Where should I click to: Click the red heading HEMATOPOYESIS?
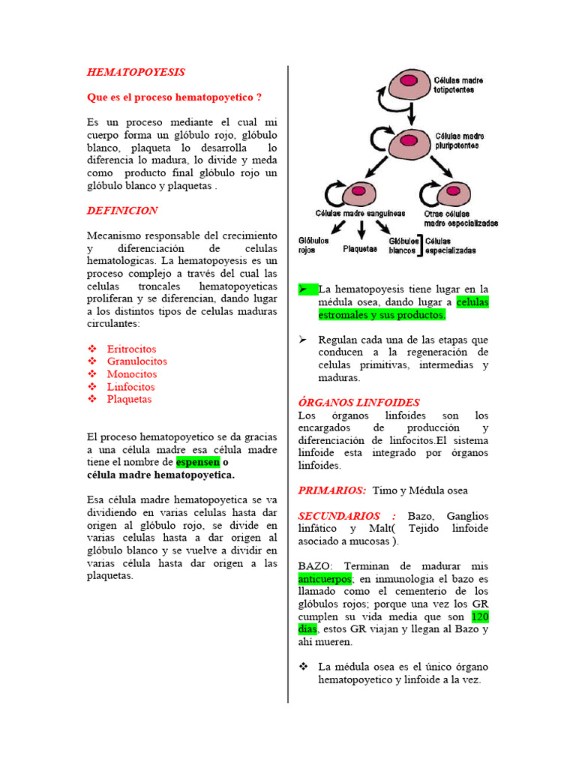[x=136, y=72]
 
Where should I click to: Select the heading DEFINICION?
[x=122, y=211]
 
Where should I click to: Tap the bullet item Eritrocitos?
[x=131, y=349]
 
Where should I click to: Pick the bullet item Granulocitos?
[x=136, y=361]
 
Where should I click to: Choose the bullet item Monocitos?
[x=132, y=374]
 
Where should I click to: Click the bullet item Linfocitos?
[x=130, y=387]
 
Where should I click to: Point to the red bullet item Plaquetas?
[x=129, y=399]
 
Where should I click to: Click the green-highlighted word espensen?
[x=198, y=463]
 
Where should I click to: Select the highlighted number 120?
[x=480, y=616]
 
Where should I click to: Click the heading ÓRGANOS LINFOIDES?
[x=358, y=403]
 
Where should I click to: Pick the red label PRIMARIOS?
[x=331, y=490]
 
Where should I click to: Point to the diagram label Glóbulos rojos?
[x=313, y=246]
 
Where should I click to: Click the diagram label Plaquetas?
[x=360, y=249]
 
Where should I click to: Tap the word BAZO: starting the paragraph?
[x=313, y=566]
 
